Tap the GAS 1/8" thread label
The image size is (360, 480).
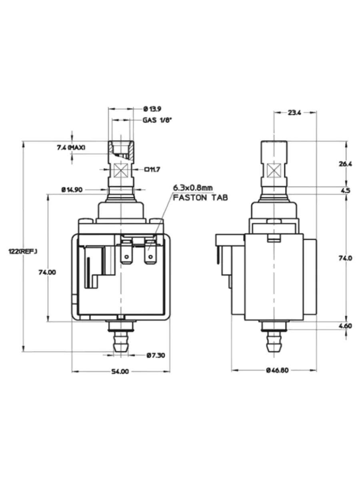pyautogui.click(x=157, y=120)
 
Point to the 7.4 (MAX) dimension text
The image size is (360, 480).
pyautogui.click(x=71, y=148)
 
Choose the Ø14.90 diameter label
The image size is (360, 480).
pyautogui.click(x=72, y=190)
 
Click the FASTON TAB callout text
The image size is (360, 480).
pyautogui.click(x=200, y=198)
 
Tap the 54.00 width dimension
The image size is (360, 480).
pyautogui.click(x=120, y=371)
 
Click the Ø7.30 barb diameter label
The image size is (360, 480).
pyautogui.click(x=156, y=355)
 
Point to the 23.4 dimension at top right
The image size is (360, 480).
pyautogui.click(x=294, y=113)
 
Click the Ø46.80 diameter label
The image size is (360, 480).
pyautogui.click(x=277, y=370)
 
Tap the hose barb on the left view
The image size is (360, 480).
pyautogui.click(x=120, y=342)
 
